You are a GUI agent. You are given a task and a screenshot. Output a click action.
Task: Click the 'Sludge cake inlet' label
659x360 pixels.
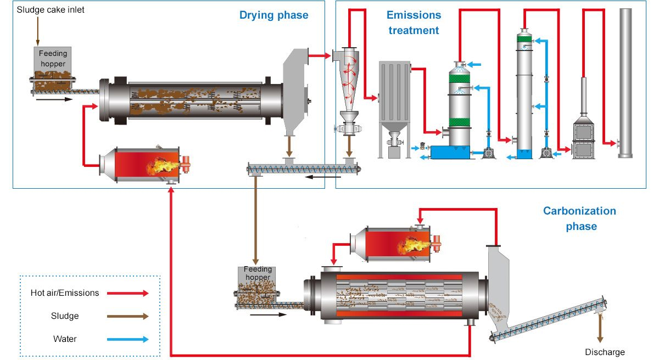[51, 10]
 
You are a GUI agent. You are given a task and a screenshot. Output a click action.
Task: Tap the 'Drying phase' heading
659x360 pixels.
[273, 15]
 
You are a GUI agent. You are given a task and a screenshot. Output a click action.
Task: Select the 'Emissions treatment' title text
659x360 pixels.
[414, 22]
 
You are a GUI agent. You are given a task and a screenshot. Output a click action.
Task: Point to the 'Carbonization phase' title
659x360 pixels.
[579, 218]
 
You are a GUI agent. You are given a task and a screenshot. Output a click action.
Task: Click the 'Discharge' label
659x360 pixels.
[605, 352]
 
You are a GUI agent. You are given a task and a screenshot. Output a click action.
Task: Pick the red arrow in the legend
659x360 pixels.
[127, 293]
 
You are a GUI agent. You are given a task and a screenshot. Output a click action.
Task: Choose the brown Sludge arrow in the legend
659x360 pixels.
[127, 316]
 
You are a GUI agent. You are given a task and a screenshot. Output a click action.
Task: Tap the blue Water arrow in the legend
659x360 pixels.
[127, 339]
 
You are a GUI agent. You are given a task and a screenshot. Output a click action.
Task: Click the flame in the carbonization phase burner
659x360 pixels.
[414, 245]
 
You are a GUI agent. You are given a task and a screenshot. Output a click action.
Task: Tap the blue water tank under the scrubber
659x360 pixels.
[450, 152]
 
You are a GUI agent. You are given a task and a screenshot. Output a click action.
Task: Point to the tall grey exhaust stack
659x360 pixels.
[626, 83]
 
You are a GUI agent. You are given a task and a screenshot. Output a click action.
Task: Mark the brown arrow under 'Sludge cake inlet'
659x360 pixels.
[38, 31]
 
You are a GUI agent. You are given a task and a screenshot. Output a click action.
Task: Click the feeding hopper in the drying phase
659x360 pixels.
[52, 70]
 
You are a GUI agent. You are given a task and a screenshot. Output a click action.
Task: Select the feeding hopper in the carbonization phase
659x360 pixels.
[256, 286]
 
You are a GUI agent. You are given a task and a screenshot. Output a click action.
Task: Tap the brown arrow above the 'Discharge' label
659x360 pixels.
[600, 328]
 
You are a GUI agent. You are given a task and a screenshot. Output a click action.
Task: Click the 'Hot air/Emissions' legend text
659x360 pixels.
[65, 293]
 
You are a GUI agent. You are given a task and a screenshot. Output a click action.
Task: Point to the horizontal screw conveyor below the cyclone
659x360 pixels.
[304, 169]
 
